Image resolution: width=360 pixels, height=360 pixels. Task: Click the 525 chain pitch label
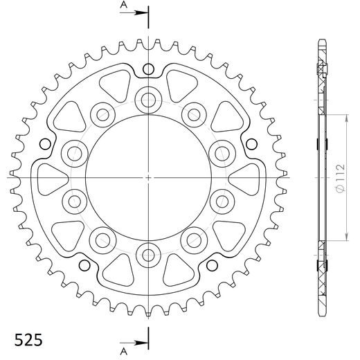28,341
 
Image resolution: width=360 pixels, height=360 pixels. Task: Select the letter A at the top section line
123,6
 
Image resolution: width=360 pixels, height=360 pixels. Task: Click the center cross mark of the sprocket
148,177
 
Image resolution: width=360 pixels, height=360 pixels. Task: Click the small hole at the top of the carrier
148,69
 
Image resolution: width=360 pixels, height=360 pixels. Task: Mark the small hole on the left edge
45,143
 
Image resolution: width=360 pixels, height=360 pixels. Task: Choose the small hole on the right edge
251,143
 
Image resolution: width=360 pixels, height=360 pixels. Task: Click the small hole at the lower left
84,266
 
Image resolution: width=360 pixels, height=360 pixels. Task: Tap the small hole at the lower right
212,266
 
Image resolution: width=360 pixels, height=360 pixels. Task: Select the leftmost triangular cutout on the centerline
48,177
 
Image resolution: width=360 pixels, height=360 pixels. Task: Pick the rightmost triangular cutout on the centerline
248,177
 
